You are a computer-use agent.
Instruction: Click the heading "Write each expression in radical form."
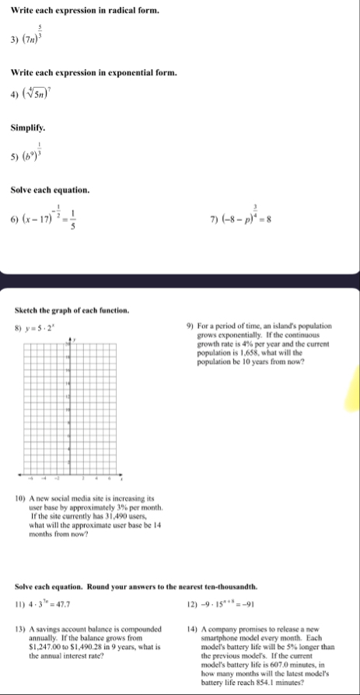tap(85, 11)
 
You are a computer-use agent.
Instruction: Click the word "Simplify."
tap(28, 125)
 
